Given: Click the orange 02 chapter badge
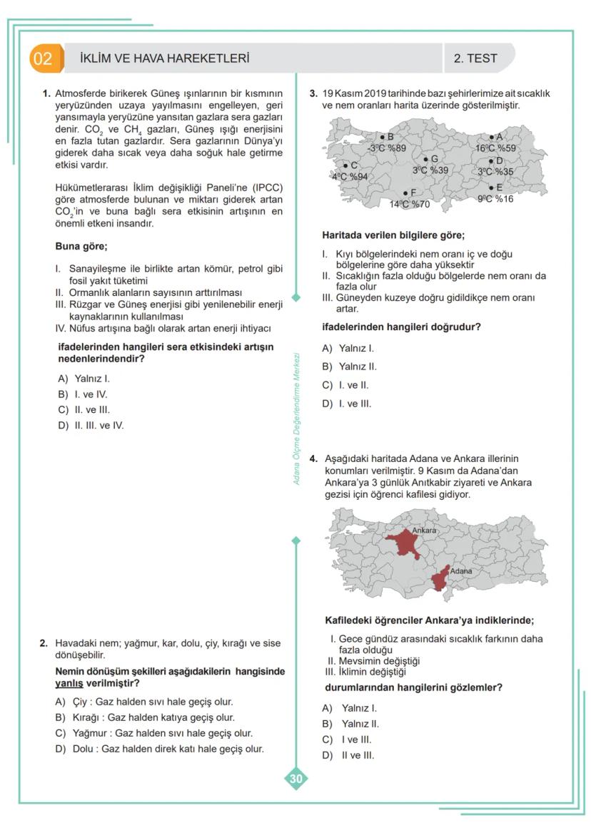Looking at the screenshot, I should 43,58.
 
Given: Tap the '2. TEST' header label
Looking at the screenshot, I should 475,58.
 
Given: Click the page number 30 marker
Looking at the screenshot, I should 295,779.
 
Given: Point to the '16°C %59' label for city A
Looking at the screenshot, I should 495,148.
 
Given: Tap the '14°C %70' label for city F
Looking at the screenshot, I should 409,204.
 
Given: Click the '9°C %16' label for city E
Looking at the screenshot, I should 495,199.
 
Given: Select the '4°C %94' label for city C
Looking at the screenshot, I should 350,176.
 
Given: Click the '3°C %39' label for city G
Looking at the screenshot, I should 430,170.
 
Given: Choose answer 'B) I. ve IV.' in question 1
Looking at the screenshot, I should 83,394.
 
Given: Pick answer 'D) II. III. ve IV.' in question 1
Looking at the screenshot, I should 91,426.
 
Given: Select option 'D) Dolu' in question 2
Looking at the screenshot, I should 160,749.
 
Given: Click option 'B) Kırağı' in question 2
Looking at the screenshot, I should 145,717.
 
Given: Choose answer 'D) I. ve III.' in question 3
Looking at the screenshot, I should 347,404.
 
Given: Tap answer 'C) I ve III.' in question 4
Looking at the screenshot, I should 347,739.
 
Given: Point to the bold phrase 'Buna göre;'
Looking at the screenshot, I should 81,247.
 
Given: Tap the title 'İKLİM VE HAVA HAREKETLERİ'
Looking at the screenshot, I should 165,58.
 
